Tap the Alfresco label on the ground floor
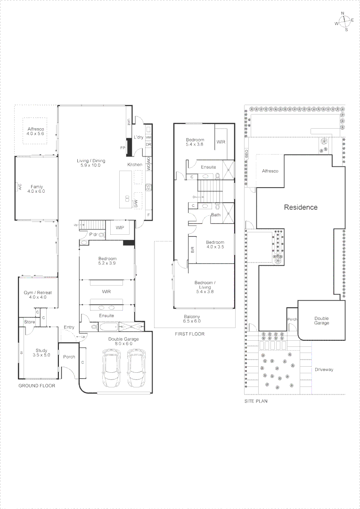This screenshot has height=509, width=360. point(35,131)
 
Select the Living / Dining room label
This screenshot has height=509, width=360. point(91,163)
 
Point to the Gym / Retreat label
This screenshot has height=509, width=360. point(38,295)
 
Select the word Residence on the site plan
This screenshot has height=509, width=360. point(300,207)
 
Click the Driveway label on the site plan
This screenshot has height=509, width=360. point(324,369)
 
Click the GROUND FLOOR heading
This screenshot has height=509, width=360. point(37,386)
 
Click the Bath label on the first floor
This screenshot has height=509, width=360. point(215,215)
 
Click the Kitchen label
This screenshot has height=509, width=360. point(134,164)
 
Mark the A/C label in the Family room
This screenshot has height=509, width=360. point(20,186)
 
